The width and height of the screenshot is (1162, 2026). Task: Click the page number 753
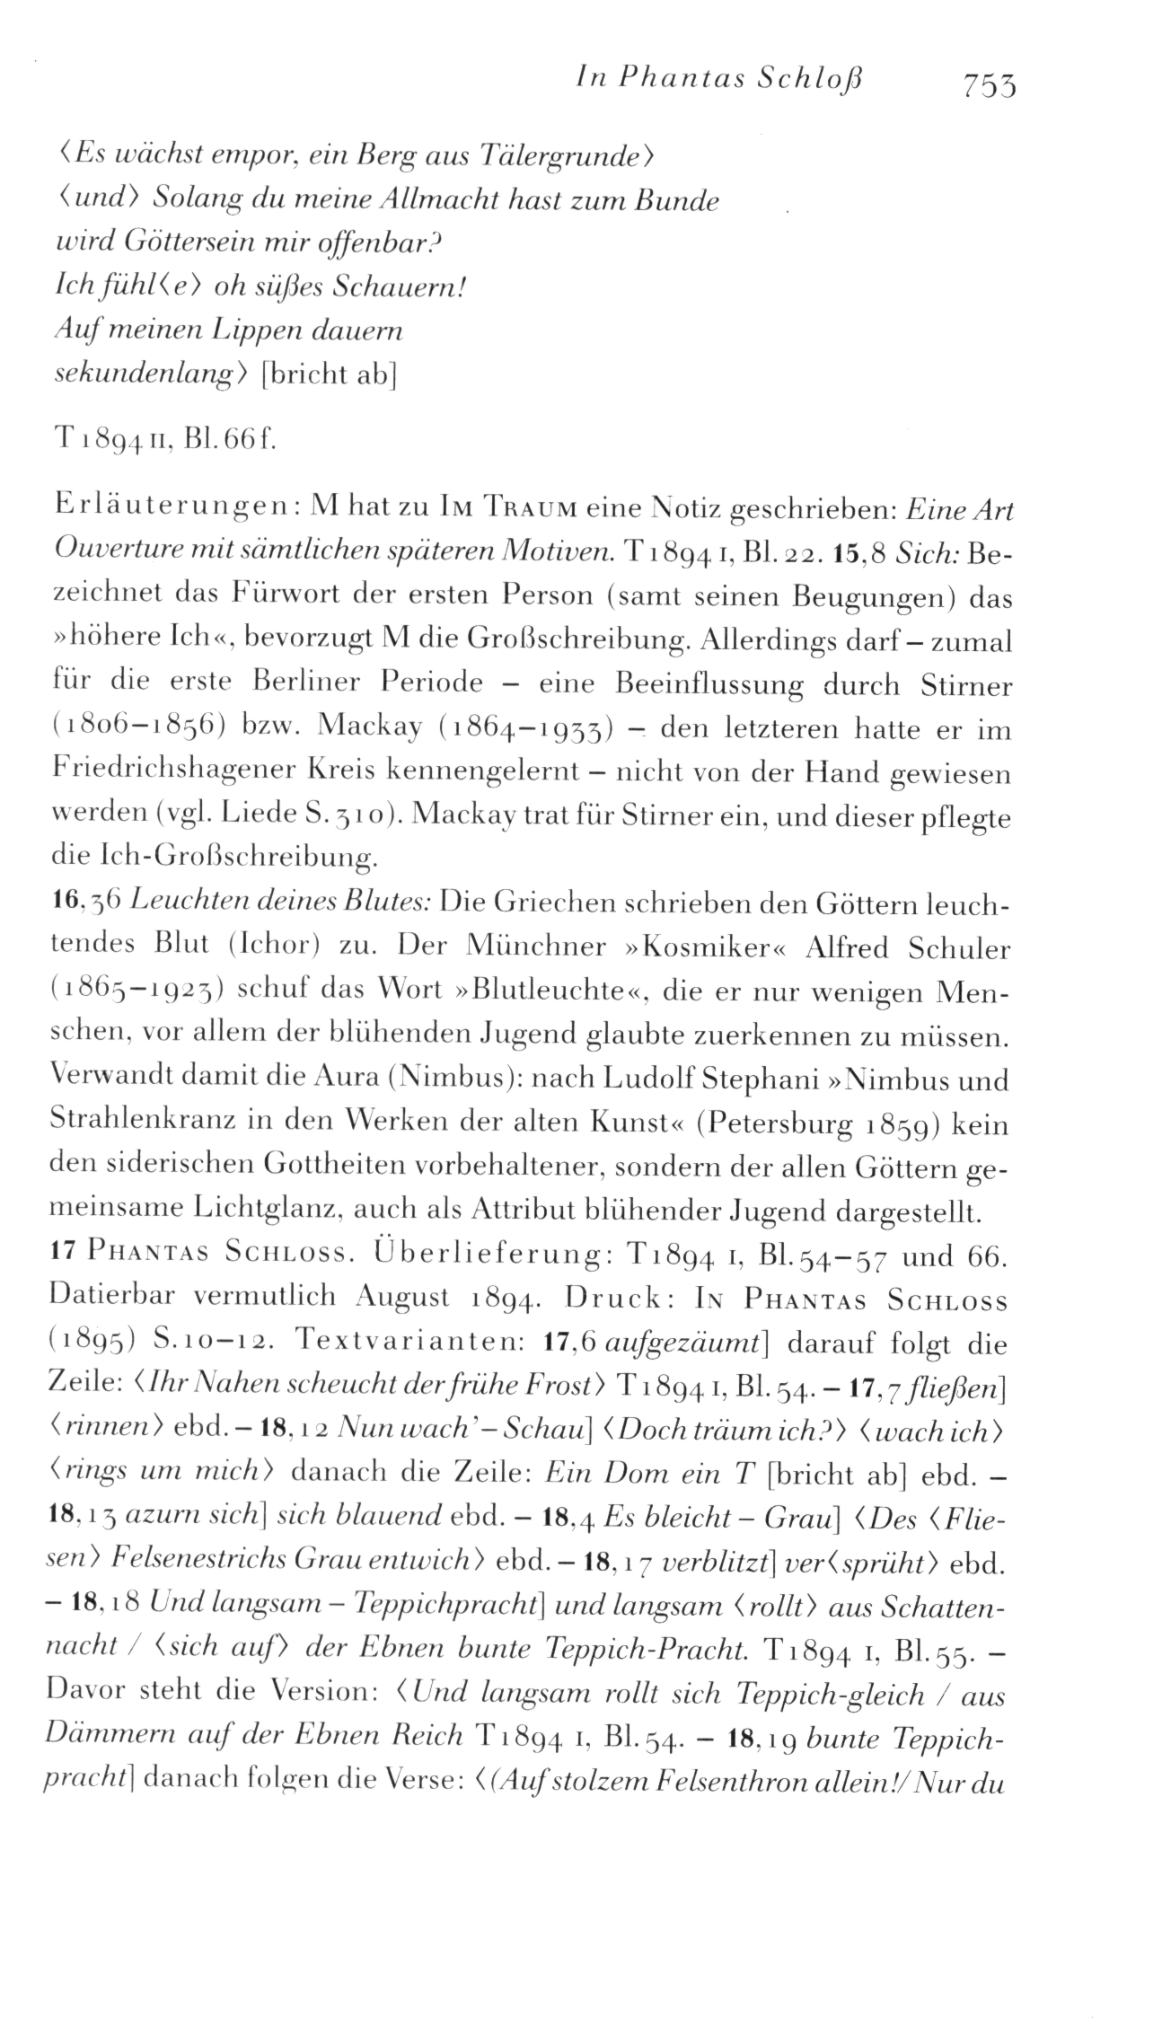click(990, 85)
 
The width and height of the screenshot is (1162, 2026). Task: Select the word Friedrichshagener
click(185, 773)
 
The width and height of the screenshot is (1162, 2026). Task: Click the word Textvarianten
click(403, 1343)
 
